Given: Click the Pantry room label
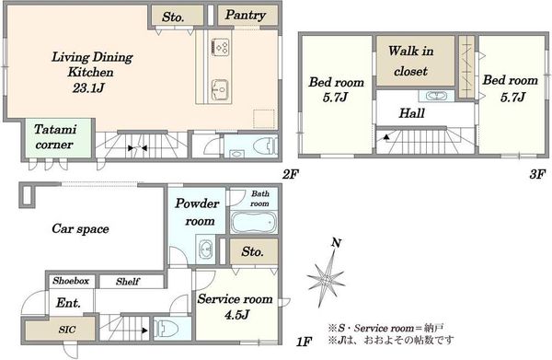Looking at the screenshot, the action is click(x=245, y=15).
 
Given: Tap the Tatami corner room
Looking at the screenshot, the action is click(x=58, y=138).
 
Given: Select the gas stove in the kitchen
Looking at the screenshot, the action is click(x=221, y=47).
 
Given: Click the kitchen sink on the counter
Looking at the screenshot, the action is click(x=221, y=90).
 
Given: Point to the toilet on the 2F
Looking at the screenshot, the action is click(x=266, y=145).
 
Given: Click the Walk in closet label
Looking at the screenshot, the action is click(x=411, y=61).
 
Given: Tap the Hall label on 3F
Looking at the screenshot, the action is click(x=411, y=113).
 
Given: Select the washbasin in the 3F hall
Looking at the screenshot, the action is click(x=436, y=96).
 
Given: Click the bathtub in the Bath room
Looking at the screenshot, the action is click(x=254, y=222).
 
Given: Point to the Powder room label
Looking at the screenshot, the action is click(x=197, y=212).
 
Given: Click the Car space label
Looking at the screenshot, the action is click(x=80, y=229).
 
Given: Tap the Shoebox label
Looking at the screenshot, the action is click(x=71, y=281).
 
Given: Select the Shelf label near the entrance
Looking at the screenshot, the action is click(x=128, y=282).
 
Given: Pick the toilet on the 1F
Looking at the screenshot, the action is click(x=167, y=329).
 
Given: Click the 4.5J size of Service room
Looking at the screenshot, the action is click(x=237, y=315).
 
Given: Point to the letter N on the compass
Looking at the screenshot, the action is click(x=336, y=242).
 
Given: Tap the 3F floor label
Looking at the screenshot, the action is click(x=537, y=174).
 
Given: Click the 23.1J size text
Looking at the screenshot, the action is click(x=88, y=87).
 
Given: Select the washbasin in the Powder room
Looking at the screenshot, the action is click(x=206, y=250).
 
